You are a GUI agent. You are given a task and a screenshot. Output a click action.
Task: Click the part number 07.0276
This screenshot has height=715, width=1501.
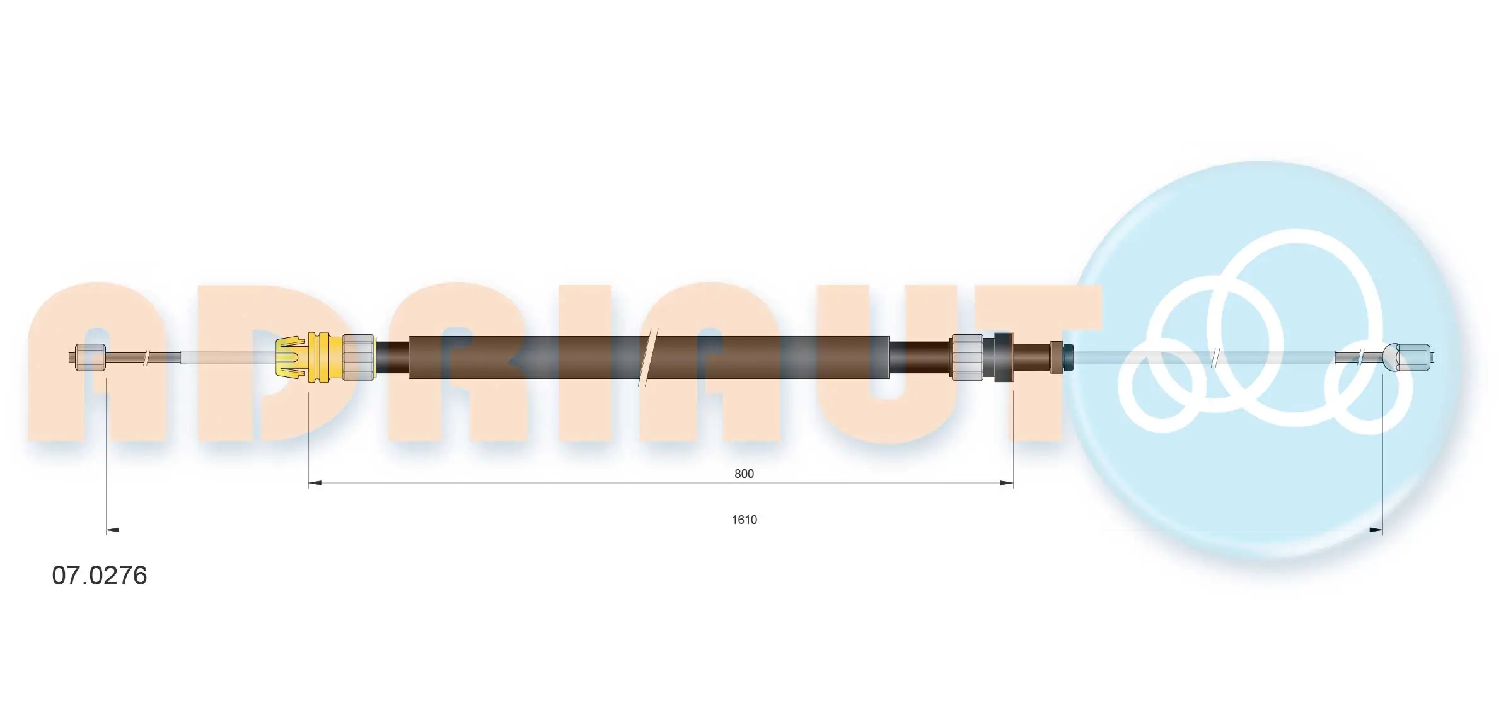tap(100, 576)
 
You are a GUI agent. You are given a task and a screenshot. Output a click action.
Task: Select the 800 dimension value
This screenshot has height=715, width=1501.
tap(744, 474)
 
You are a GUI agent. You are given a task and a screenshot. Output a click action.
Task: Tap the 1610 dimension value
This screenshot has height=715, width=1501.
tap(744, 520)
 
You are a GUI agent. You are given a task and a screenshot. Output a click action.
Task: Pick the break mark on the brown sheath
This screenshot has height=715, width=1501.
tap(648, 357)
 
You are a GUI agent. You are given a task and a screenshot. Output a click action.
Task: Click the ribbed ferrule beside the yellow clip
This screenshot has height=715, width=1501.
tap(358, 357)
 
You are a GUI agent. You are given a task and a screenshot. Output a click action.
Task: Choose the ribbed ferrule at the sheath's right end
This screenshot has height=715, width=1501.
tap(967, 357)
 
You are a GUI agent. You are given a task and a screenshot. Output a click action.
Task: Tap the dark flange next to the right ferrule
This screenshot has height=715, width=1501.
tap(1002, 357)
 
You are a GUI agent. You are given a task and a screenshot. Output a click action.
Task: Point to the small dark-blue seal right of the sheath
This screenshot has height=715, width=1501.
tap(1068, 357)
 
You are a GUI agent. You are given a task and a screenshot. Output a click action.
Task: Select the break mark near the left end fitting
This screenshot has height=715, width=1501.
tap(146, 357)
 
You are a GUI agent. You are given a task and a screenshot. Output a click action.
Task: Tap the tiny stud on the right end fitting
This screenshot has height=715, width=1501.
tap(1433, 357)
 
